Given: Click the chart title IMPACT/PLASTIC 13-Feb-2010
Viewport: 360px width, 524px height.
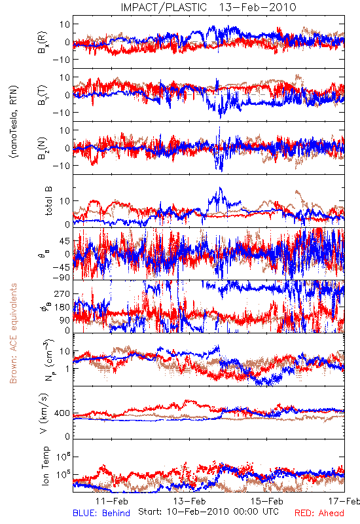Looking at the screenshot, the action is pos(208,7).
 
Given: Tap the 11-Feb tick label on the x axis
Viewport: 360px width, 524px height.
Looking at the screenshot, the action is pos(111,501).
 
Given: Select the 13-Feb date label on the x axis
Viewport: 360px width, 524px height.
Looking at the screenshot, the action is pos(189,501).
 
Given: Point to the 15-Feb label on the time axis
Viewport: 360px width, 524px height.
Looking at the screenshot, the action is pos(267,501).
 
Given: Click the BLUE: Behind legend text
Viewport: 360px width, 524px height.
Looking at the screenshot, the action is pos(101,513).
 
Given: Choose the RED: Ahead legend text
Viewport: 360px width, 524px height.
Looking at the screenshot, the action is pos(319,513).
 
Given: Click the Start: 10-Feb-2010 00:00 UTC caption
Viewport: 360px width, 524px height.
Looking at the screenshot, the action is pos(208,512).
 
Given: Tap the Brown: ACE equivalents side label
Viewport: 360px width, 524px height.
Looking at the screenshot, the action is pos(13,333).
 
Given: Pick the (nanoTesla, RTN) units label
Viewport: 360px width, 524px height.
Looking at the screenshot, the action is pos(14,121).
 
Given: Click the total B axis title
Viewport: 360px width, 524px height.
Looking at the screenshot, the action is pos(48,200).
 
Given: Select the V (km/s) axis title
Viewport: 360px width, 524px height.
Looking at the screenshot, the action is pos(44,413).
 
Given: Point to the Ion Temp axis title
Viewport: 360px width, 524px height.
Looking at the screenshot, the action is pos(45,466).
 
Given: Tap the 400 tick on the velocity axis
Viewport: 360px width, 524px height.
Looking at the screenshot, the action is pos(62,413).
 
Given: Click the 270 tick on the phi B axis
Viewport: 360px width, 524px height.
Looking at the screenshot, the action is pos(62,293).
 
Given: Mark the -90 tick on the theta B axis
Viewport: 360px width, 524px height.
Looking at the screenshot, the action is pos(61,278).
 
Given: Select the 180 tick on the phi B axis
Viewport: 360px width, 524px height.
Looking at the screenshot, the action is pos(62,307).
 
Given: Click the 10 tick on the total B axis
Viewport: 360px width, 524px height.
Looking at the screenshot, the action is pos(65,201).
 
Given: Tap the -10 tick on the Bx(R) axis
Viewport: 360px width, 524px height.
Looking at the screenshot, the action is pos(61,60).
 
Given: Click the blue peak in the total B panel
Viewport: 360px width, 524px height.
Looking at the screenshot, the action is pos(220,188).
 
